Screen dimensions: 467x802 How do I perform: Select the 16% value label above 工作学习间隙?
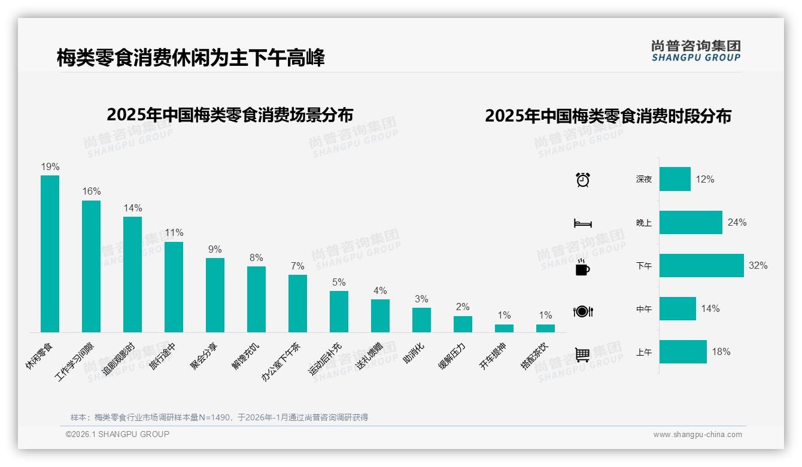click(92, 192)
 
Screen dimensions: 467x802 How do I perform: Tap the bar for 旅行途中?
click(174, 287)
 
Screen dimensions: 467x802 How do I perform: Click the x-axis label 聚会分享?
click(204, 357)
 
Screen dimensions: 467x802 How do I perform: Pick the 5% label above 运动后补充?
click(339, 283)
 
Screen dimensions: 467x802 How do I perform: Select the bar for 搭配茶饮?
click(545, 328)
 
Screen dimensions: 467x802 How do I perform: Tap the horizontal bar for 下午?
click(701, 265)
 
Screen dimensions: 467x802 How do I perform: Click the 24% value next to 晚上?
click(737, 222)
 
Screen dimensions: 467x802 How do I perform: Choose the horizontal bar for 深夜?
click(675, 179)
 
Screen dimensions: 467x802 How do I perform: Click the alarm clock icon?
click(583, 180)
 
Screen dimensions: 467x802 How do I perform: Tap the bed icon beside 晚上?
click(583, 223)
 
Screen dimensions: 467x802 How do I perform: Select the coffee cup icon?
click(582, 268)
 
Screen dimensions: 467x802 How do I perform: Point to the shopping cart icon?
click(582, 355)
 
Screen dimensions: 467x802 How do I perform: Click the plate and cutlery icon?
click(583, 311)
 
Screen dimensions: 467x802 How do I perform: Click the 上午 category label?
click(644, 353)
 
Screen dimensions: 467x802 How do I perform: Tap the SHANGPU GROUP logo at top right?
click(695, 51)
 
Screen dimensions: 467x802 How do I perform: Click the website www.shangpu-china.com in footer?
click(697, 435)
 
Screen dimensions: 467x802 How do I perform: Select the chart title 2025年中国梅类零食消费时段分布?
click(608, 116)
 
